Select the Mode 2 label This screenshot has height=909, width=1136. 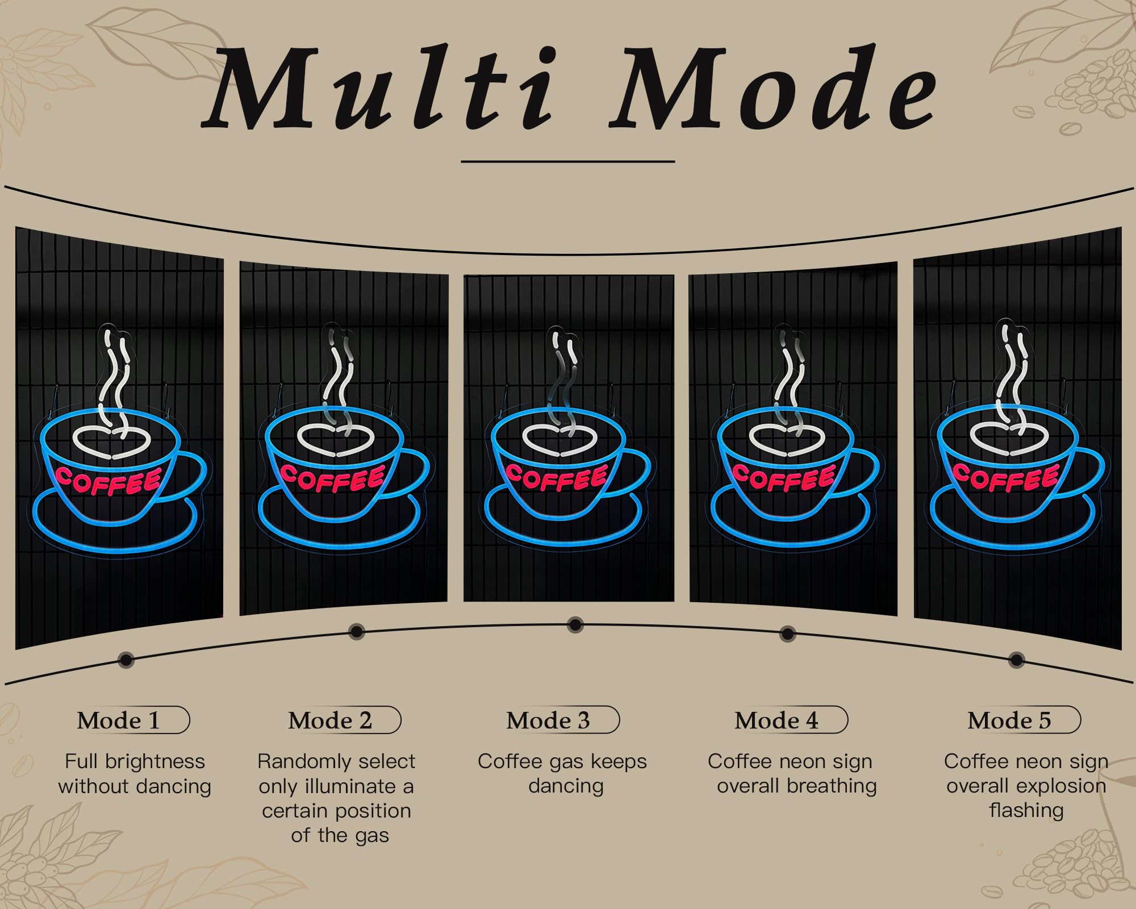tap(330, 720)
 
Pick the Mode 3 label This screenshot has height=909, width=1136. tap(548, 720)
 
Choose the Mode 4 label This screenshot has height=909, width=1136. tap(776, 720)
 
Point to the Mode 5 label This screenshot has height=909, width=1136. tap(1009, 720)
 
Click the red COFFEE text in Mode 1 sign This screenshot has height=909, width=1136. tap(108, 480)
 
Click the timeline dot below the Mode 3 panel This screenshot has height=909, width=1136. tap(575, 625)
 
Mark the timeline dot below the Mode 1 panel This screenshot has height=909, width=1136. tap(126, 660)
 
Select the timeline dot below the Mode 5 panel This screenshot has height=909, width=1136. tap(1017, 660)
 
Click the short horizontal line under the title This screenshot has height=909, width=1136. tap(568, 161)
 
